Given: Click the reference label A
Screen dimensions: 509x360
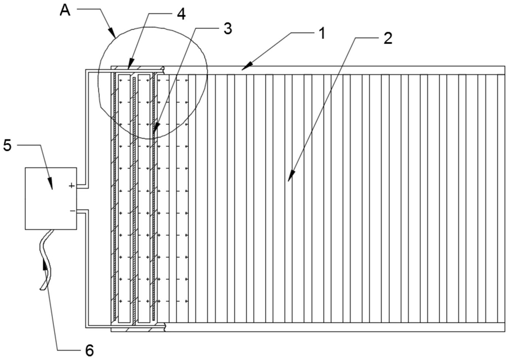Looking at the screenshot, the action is coord(65,10).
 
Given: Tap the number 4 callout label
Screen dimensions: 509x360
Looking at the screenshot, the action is coord(181,14).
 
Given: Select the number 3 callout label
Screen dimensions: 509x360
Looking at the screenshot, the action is coord(228,29).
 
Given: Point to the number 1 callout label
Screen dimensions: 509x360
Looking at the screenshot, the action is coord(321,33).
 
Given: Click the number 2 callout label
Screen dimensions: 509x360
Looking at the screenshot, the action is coord(388,38).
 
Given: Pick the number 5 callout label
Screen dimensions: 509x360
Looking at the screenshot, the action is coord(7,145).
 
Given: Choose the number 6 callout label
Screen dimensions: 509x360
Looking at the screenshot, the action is coord(89,350).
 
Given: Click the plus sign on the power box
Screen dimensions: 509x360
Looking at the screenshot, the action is coord(72,186).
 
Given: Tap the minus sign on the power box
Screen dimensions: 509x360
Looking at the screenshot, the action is coord(72,211).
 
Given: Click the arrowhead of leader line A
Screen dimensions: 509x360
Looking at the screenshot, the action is coord(112,33).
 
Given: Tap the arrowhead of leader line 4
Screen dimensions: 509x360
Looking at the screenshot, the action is coord(130,64).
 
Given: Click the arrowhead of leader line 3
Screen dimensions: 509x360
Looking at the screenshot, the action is coord(155,128).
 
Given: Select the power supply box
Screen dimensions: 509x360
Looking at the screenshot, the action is coord(51,199).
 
